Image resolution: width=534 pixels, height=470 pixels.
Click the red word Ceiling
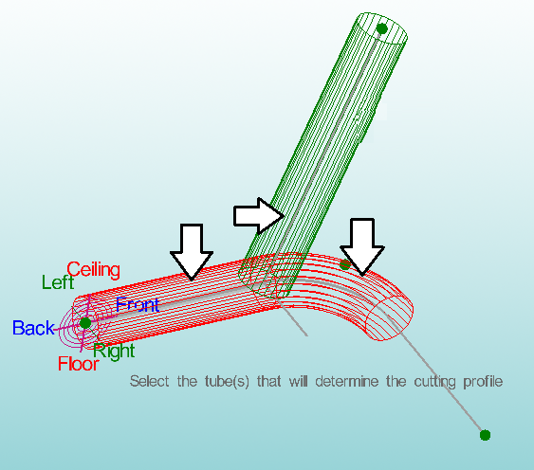93,270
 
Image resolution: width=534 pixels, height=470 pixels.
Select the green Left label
58,282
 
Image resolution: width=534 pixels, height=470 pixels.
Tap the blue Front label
138,304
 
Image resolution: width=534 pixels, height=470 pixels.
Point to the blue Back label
33,328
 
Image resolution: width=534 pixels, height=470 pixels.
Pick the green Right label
114,351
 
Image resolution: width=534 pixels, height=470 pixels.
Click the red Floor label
79,364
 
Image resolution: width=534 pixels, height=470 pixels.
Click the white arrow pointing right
259,216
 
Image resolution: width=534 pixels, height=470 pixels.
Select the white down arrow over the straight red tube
192,252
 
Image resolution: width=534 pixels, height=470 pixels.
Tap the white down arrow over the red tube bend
362,246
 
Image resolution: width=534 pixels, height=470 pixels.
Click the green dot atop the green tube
382,28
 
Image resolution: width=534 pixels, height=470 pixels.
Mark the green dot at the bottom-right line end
485,435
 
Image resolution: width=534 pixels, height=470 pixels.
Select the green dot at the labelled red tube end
85,323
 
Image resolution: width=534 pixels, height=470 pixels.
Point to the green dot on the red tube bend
345,264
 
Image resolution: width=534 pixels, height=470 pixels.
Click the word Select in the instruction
149,381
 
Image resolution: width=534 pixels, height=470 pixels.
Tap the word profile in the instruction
483,382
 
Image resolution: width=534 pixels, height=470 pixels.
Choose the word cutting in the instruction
435,382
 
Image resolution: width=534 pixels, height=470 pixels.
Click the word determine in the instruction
347,381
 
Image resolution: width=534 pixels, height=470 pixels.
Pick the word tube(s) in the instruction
227,382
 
